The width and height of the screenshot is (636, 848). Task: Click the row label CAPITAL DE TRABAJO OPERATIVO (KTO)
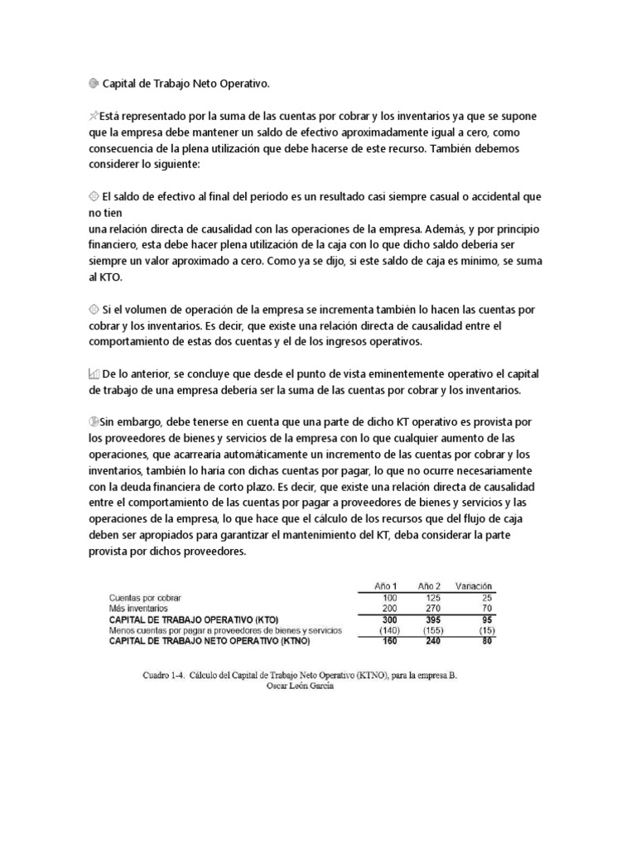click(194, 619)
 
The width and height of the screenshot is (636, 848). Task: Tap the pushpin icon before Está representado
click(93, 117)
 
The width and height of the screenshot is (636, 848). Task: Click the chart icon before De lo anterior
click(93, 373)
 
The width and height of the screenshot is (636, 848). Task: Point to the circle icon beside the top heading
click(93, 84)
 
